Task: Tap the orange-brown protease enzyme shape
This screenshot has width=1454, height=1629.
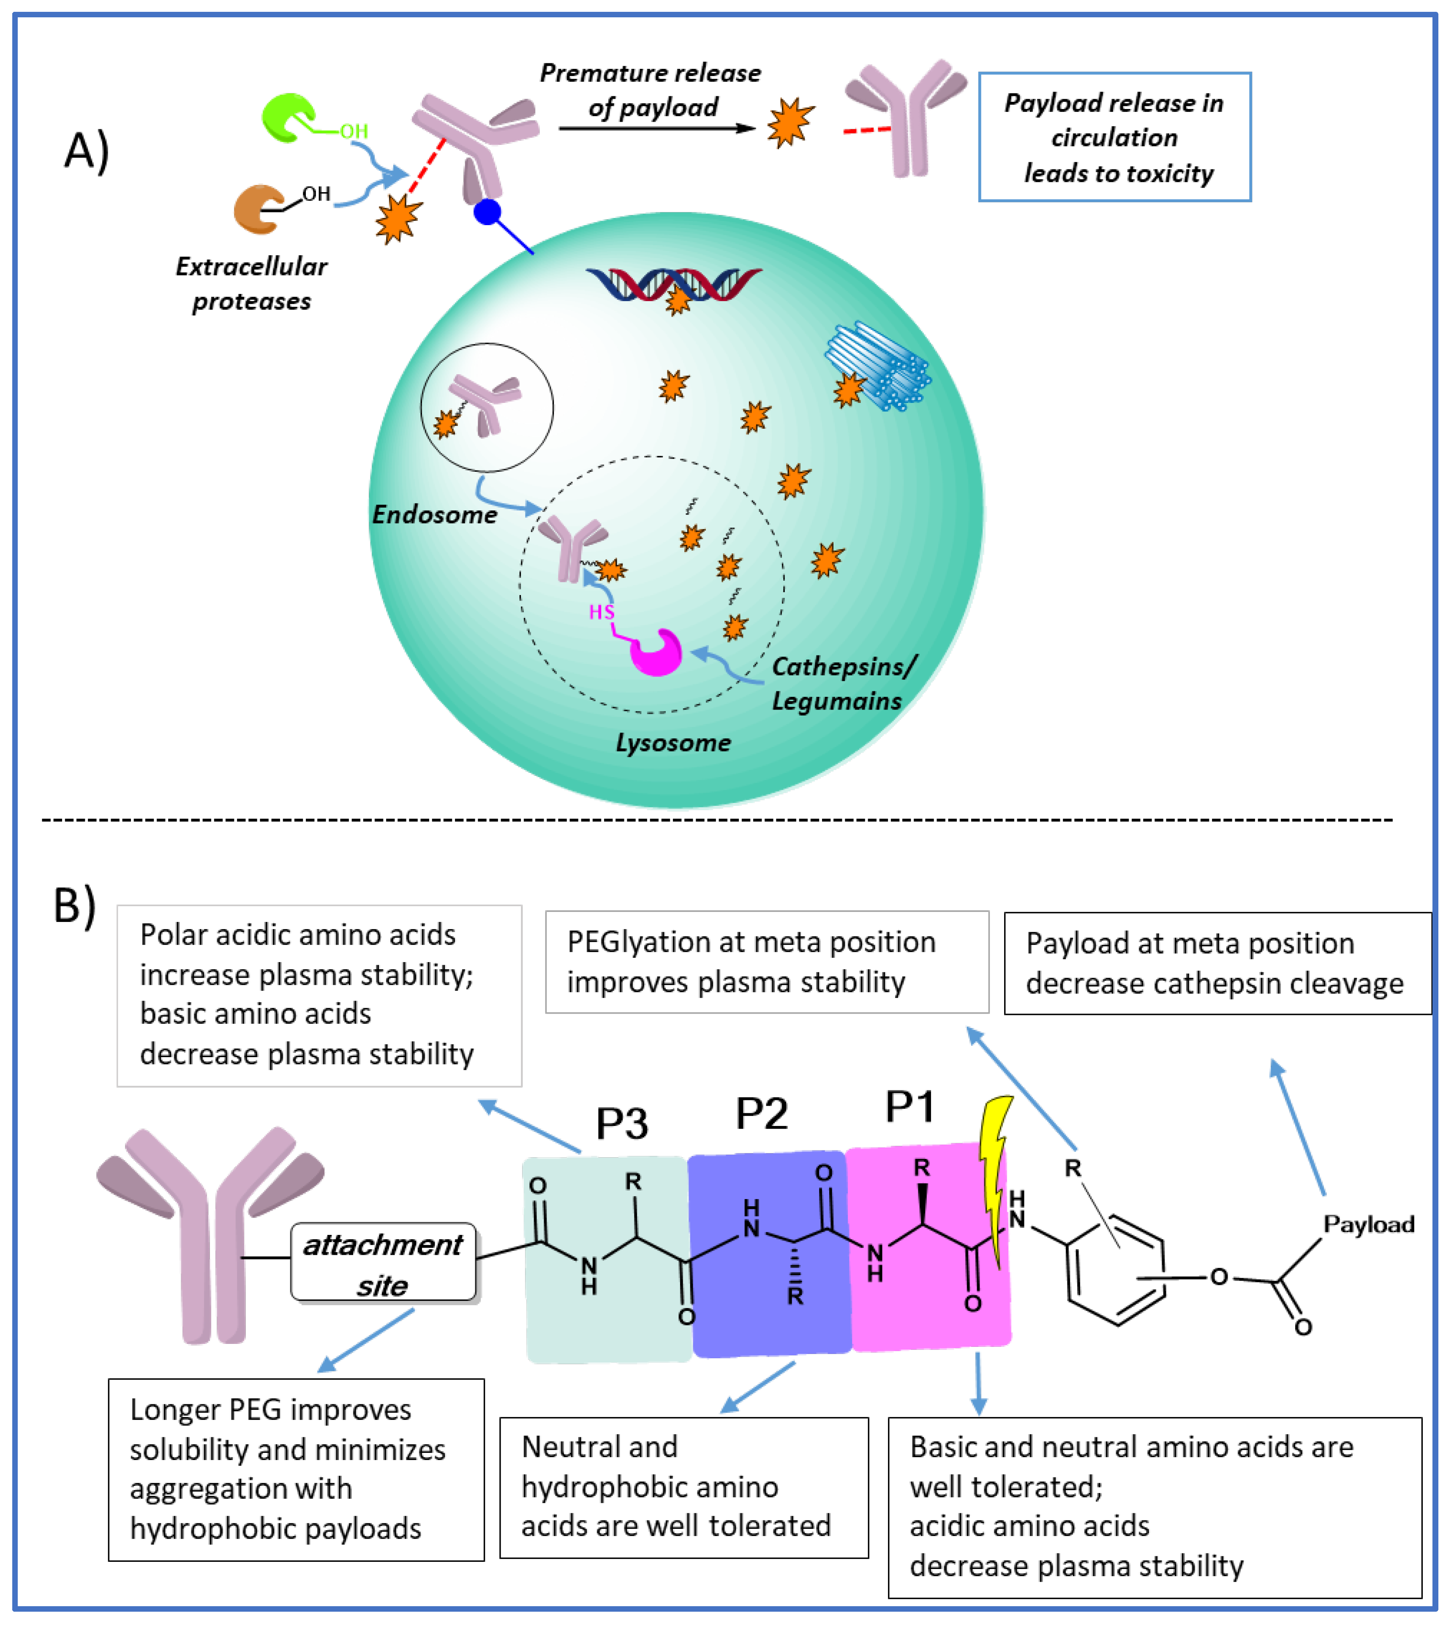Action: point(256,209)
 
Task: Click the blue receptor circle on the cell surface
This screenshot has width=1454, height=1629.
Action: point(487,212)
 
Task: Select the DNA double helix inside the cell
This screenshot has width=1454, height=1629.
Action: point(673,284)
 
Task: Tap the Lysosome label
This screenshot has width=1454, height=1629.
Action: point(673,742)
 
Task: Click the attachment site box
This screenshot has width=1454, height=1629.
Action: point(383,1264)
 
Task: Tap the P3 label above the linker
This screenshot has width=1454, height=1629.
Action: point(621,1123)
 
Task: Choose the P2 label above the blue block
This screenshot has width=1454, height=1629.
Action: point(761,1113)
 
